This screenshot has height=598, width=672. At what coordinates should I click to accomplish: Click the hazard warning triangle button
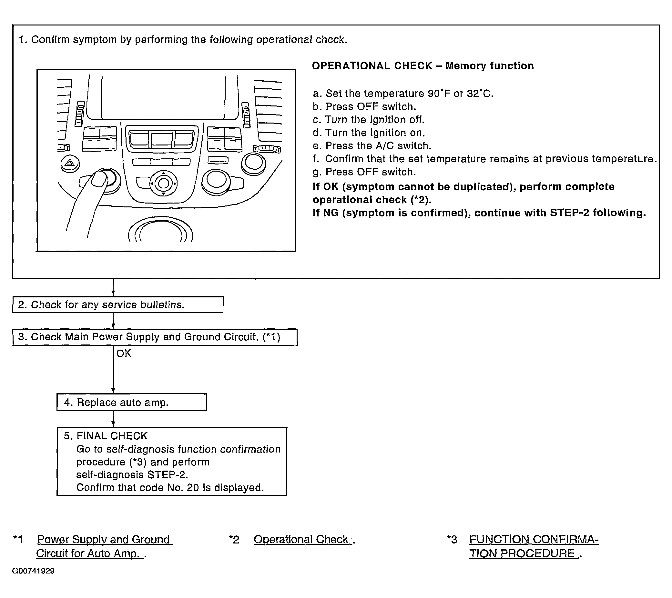tap(70, 163)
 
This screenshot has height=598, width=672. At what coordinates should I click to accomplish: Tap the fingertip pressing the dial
tap(99, 179)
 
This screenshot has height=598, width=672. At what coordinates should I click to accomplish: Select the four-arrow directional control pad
tap(163, 183)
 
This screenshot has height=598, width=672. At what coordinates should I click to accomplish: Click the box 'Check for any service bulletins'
tap(118, 304)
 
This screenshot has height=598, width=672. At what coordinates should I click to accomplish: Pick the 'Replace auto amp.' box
tap(131, 402)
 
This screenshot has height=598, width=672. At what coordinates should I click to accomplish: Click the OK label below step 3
tap(124, 354)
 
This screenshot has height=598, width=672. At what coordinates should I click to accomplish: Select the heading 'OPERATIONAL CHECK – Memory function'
tap(423, 66)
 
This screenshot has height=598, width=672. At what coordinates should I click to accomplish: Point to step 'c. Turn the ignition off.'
tap(369, 120)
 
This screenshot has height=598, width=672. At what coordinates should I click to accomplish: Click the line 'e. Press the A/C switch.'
tap(372, 145)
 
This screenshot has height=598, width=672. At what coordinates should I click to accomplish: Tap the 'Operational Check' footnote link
tap(301, 540)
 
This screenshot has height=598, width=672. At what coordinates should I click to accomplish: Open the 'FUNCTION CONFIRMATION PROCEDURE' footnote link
tap(533, 546)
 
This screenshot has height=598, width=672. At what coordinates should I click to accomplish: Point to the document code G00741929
tap(33, 571)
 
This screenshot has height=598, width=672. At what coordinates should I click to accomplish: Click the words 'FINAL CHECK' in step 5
tap(112, 436)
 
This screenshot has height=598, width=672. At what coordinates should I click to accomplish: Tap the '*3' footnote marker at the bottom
tap(452, 540)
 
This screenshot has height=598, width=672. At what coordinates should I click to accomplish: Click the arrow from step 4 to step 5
tap(113, 419)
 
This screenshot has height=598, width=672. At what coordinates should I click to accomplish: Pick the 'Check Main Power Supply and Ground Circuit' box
tap(155, 337)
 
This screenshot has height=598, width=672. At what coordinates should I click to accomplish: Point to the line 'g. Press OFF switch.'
tap(364, 172)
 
